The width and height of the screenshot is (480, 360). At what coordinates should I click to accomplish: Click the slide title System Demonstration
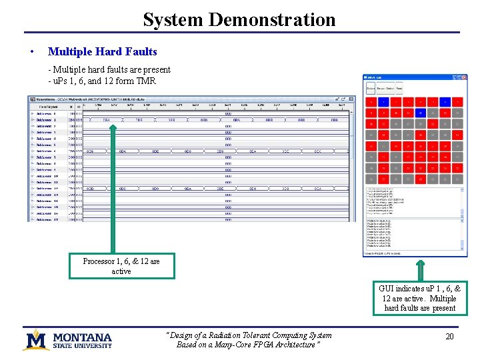click(x=239, y=19)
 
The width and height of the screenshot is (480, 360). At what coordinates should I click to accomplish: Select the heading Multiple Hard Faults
click(x=103, y=51)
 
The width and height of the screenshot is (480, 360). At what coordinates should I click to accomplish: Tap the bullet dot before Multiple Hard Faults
click(x=31, y=52)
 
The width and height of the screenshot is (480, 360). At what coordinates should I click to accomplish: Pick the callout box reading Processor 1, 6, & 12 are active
click(x=121, y=266)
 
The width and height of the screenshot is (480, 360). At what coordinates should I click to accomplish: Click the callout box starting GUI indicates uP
click(x=420, y=298)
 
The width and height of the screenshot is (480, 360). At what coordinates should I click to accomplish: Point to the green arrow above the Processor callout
click(x=122, y=237)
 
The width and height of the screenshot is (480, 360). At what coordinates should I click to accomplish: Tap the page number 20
click(x=449, y=337)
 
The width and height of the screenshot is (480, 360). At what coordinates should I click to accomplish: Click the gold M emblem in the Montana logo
click(x=36, y=339)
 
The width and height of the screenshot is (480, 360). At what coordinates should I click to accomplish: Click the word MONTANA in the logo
click(x=83, y=337)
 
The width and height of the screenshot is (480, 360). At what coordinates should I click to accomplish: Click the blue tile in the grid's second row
click(x=420, y=113)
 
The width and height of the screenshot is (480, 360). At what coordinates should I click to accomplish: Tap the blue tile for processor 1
click(x=383, y=102)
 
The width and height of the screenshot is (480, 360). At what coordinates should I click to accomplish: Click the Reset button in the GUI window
click(x=399, y=88)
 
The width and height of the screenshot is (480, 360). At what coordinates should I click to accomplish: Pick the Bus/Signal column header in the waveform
click(x=47, y=105)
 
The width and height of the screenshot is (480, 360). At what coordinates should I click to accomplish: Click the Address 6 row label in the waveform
click(x=47, y=151)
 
